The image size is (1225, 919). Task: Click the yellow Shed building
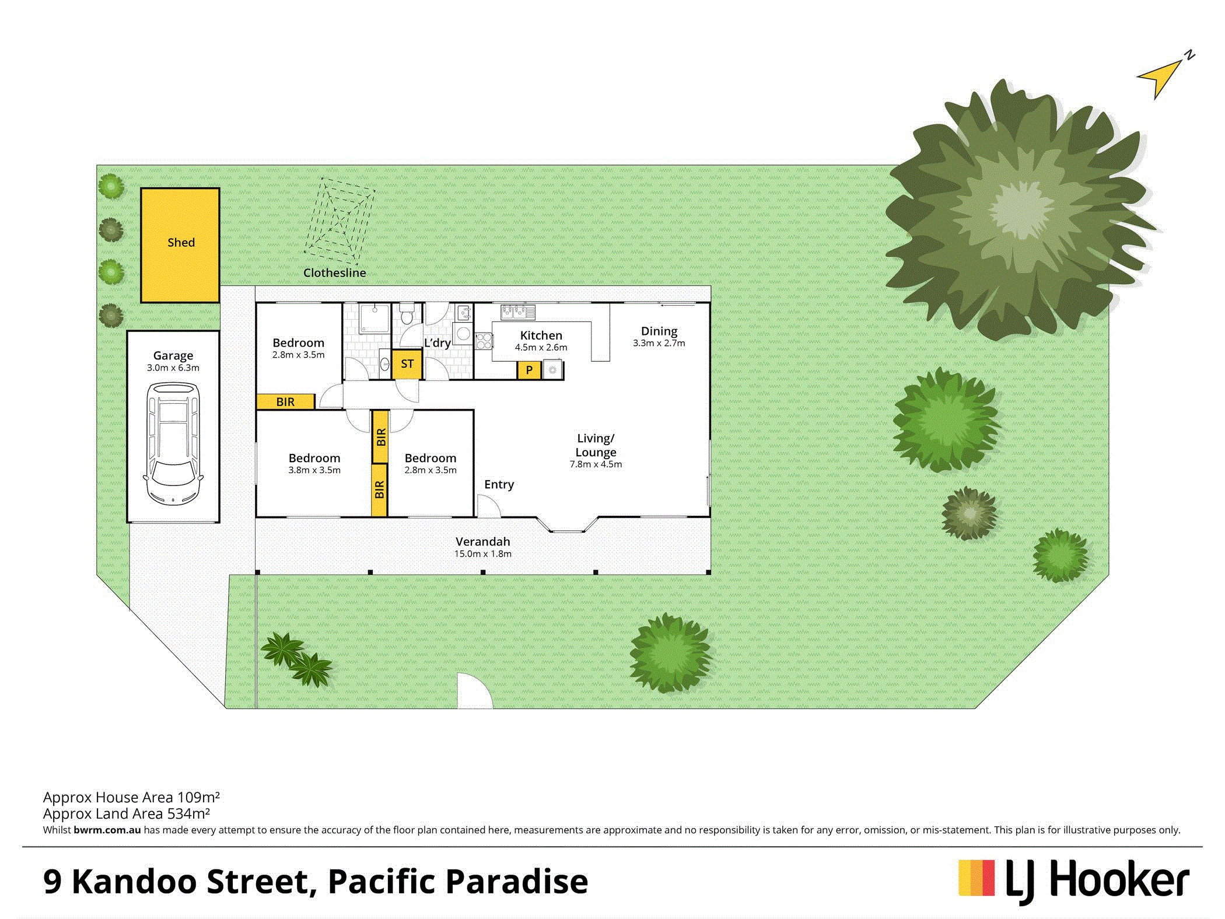pyautogui.click(x=180, y=245)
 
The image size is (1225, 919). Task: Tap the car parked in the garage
pyautogui.click(x=173, y=443)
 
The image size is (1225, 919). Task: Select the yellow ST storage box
pyautogui.click(x=407, y=364)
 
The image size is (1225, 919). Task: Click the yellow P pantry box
pyautogui.click(x=529, y=370)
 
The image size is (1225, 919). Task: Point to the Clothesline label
pyautogui.click(x=335, y=272)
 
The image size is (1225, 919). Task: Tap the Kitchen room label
pyautogui.click(x=541, y=336)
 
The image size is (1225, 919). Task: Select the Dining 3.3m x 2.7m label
pyautogui.click(x=659, y=337)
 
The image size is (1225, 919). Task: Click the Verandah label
pyautogui.click(x=483, y=541)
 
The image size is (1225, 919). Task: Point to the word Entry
pyautogui.click(x=499, y=484)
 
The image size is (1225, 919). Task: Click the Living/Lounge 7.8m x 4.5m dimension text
pyautogui.click(x=596, y=464)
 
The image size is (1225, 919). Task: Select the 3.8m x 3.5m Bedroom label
pyautogui.click(x=314, y=464)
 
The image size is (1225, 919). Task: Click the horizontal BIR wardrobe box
pyautogui.click(x=285, y=401)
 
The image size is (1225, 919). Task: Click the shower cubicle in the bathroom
pyautogui.click(x=374, y=318)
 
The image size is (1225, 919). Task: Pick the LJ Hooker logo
pyautogui.click(x=1074, y=880)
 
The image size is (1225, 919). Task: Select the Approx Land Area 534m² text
pyautogui.click(x=127, y=813)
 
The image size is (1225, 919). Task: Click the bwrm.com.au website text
pyautogui.click(x=107, y=830)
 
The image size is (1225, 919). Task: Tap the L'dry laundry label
pyautogui.click(x=437, y=343)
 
